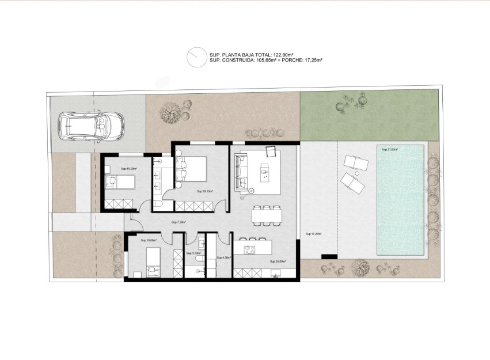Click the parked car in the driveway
click(x=92, y=126)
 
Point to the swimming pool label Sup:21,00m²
click(x=390, y=149)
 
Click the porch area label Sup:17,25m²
click(x=313, y=234)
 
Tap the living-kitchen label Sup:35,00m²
click(x=279, y=261)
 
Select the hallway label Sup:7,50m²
click(x=178, y=222)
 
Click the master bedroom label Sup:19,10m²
click(x=205, y=191)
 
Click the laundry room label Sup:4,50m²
click(x=223, y=257)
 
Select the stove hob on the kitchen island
click(x=250, y=249)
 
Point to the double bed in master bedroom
click(x=192, y=168)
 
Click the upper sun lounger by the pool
click(x=354, y=164)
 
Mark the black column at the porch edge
click(x=330, y=256)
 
